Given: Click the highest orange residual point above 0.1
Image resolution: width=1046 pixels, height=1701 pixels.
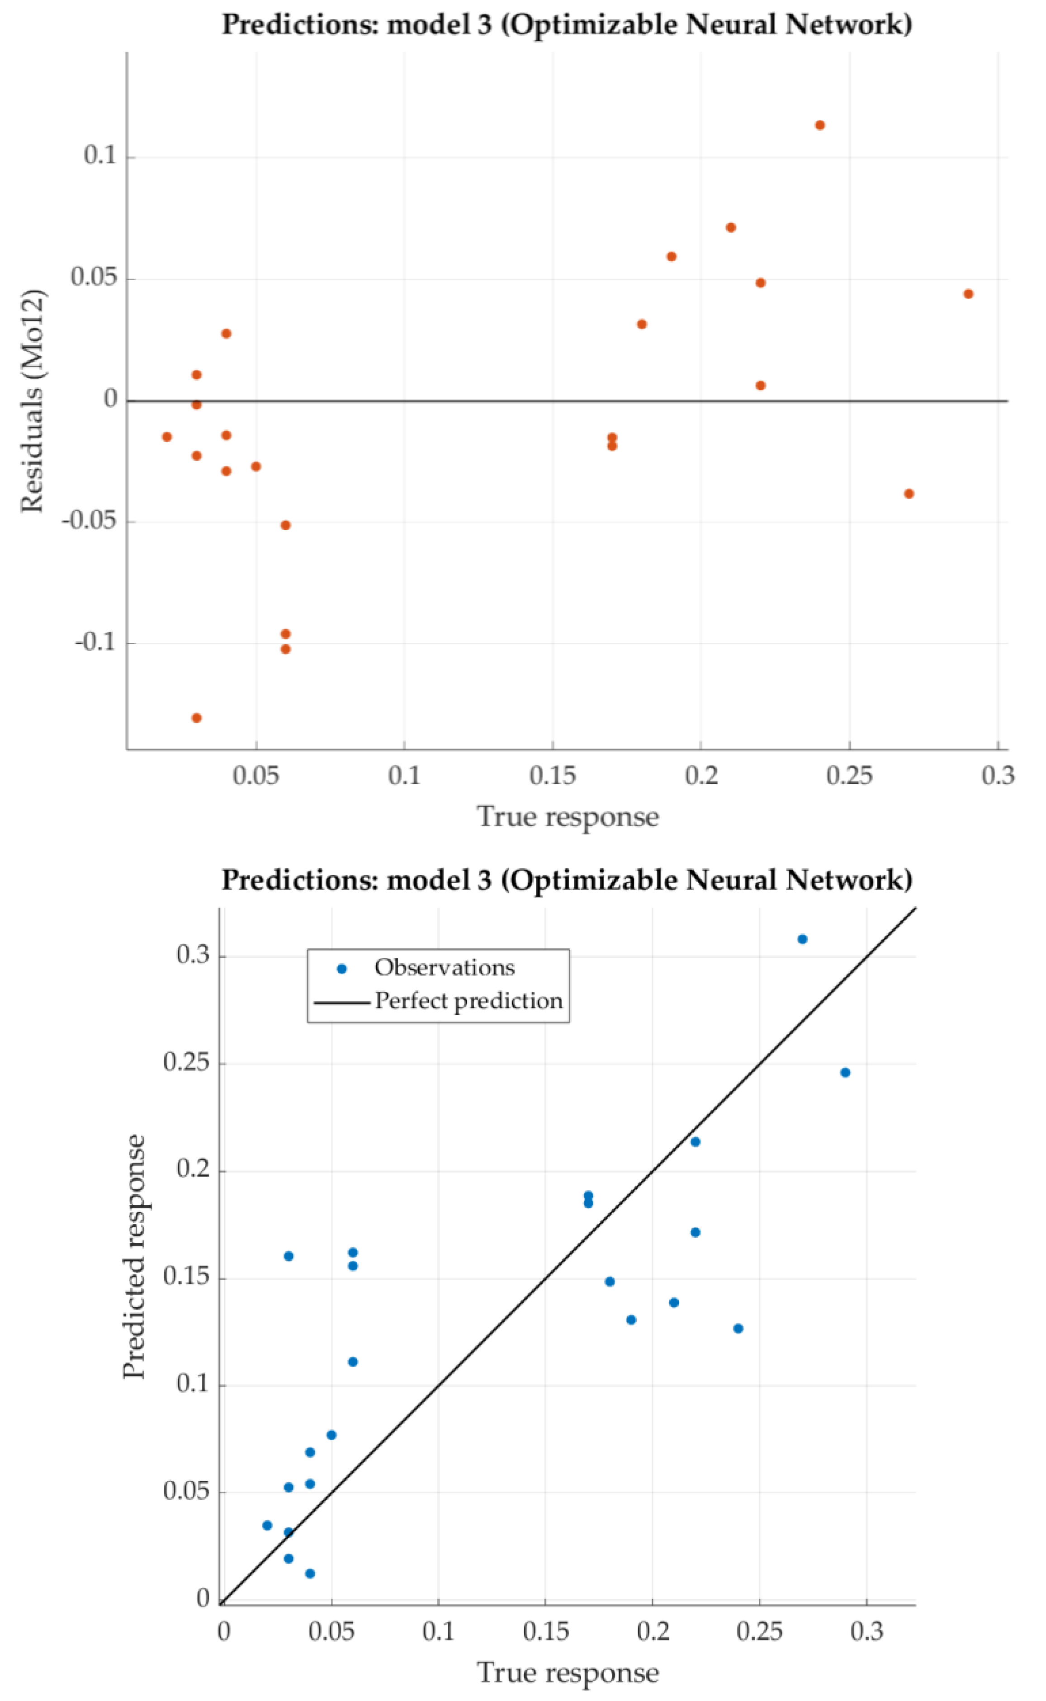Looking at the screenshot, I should click(820, 125).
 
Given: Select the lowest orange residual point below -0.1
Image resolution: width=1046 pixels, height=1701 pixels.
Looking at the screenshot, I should click(196, 718).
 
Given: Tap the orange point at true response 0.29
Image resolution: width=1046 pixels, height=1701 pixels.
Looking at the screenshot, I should click(969, 294).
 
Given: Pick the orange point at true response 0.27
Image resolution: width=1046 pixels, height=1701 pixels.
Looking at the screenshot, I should click(909, 494).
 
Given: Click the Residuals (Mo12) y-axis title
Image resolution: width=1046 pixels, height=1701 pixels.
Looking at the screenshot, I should click(33, 401).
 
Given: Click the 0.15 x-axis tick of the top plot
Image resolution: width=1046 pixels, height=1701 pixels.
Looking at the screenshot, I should click(552, 776).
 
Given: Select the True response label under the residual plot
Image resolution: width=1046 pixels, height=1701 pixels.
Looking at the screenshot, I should click(567, 817).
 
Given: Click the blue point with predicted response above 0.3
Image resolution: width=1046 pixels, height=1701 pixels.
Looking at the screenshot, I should click(803, 939).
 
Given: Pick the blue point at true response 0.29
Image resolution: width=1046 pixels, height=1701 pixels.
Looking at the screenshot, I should click(845, 1073).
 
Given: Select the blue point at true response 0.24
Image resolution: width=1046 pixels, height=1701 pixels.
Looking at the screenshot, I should click(738, 1329).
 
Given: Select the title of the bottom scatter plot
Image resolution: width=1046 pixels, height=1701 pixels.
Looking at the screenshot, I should click(567, 880).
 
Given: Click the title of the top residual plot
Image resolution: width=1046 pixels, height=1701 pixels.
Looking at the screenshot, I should click(567, 25).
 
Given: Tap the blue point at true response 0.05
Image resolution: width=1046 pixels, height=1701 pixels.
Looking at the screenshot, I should click(331, 1435).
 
